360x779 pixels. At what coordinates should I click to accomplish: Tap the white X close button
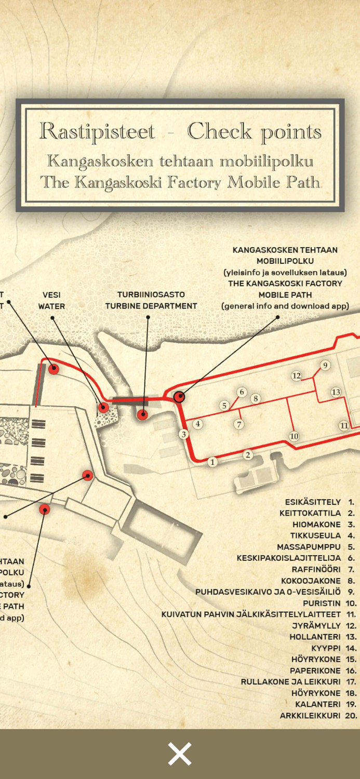coord(180,754)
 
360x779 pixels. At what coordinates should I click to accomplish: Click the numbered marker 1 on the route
coord(212,462)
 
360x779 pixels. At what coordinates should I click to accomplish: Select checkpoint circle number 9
coord(325,365)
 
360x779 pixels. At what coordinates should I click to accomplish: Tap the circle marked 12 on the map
coord(296,375)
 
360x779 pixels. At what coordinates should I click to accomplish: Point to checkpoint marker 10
coord(294,436)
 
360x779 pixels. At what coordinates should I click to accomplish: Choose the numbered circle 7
coord(239,424)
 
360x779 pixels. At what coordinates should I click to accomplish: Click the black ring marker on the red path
coord(179,397)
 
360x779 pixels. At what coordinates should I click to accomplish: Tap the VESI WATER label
coord(51,301)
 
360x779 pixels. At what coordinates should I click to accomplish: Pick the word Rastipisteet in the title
coord(97,131)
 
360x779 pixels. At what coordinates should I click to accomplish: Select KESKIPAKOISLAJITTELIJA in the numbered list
coord(289,558)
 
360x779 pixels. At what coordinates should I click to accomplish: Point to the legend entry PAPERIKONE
coord(315,670)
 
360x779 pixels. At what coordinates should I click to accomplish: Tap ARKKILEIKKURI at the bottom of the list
coord(310,716)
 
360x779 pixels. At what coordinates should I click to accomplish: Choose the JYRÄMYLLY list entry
coord(316,626)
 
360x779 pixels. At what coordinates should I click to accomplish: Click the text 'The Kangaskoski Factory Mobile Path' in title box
coord(180,183)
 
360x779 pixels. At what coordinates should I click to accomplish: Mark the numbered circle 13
coord(336,392)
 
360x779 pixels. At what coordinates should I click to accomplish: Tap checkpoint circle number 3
coord(183,434)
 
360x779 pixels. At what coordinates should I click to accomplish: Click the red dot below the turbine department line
coord(142,414)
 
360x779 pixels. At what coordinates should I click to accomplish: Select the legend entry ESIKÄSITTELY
coord(313,502)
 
